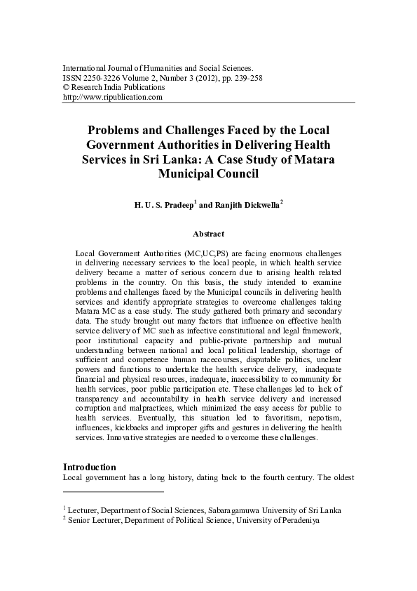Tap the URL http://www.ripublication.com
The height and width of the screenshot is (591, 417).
pos(113,97)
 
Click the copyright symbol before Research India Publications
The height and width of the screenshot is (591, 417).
pos(66,87)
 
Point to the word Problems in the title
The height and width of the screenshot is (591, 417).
pos(116,131)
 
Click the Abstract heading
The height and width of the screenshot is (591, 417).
pos(209,232)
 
